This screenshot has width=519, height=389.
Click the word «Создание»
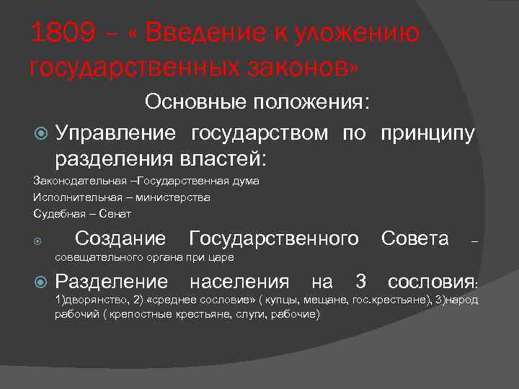point(120,238)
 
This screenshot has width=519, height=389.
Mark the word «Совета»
point(414,238)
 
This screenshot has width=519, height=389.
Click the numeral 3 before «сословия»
point(361,281)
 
